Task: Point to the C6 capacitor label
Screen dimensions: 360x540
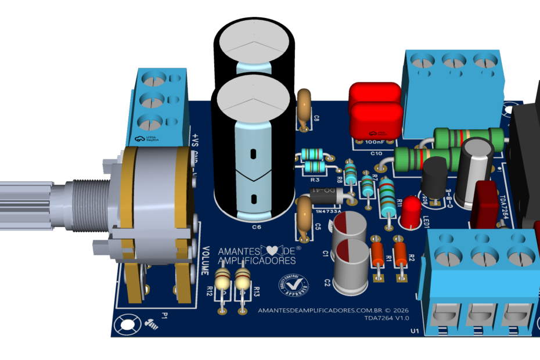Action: [256, 227]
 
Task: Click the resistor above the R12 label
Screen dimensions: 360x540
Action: [223, 282]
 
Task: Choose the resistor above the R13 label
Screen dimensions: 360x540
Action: [243, 283]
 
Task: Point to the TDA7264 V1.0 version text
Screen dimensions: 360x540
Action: [387, 318]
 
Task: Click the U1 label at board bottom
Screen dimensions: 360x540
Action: [415, 331]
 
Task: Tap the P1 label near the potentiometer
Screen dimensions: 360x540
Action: [164, 316]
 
